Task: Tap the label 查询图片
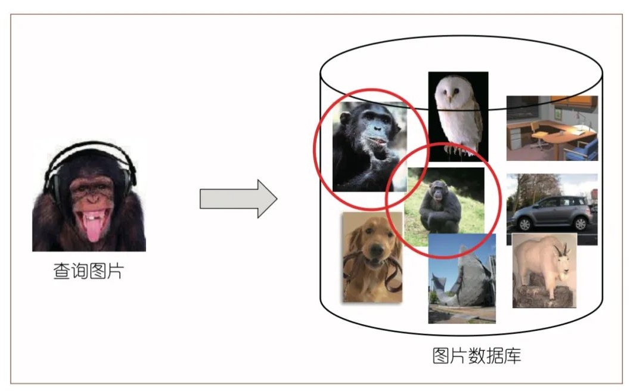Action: tap(88, 272)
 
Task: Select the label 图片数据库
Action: tap(476, 356)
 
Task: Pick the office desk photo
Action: tap(552, 128)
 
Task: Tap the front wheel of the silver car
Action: tap(525, 224)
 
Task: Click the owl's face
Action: tap(449, 92)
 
